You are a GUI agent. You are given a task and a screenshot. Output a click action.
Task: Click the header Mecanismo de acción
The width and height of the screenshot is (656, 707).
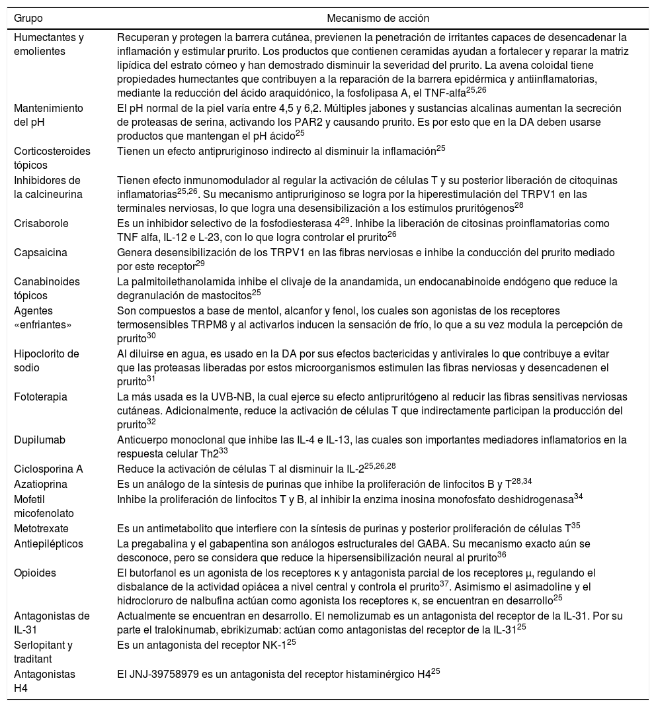click(378, 18)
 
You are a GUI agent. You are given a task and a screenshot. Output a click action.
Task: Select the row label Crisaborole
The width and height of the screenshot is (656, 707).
click(41, 223)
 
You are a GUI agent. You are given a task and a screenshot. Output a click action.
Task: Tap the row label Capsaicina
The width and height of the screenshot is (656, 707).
click(39, 252)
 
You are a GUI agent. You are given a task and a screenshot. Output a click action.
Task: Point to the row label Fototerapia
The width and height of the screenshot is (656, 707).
click(40, 397)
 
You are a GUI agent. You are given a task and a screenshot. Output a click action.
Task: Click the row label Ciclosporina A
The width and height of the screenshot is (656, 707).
click(48, 469)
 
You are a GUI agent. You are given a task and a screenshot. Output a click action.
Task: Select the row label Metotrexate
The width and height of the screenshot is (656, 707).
click(41, 528)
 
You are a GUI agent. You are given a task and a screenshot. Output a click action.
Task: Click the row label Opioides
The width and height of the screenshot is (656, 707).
click(35, 573)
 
